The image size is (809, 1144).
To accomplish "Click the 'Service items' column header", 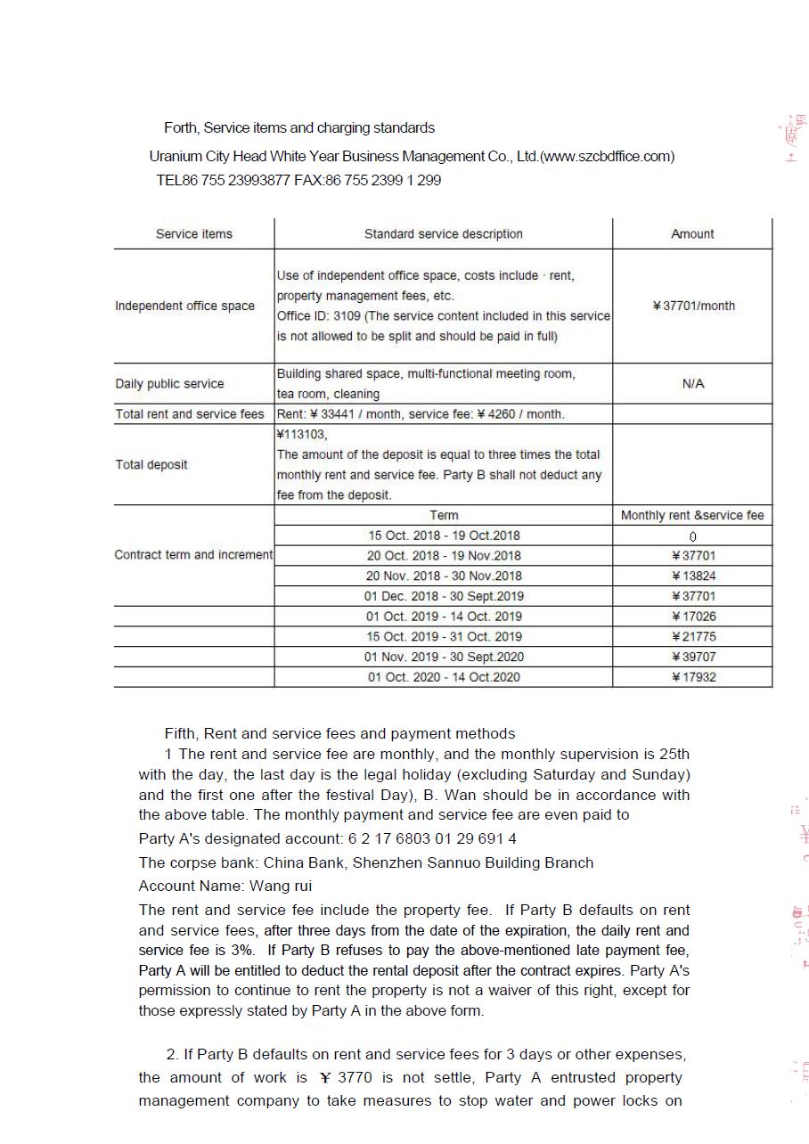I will pos(193,234).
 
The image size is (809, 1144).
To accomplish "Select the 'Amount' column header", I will pos(692,234).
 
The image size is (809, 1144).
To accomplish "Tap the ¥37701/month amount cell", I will pos(693,306).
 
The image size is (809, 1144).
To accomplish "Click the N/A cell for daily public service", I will pos(692,383).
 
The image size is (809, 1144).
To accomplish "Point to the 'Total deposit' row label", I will pos(151,464).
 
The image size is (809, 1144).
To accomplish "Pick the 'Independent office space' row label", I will pos(184,306).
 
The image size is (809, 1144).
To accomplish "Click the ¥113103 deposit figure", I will pos(302,435).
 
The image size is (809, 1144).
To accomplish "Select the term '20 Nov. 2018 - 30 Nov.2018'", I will pos(444,576).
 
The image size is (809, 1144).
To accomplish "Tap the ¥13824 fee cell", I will pos(693,576).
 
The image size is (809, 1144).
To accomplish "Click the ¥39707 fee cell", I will pos(693,657).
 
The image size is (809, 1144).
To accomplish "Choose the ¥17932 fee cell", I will pos(693,677).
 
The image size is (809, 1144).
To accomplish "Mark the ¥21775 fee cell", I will pos(693,636).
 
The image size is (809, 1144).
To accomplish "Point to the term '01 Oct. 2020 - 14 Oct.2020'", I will pos(444,677).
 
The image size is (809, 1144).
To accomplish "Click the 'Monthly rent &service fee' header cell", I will pos(692,515).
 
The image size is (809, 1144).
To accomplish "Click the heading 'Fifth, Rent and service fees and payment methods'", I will pos(339,734).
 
